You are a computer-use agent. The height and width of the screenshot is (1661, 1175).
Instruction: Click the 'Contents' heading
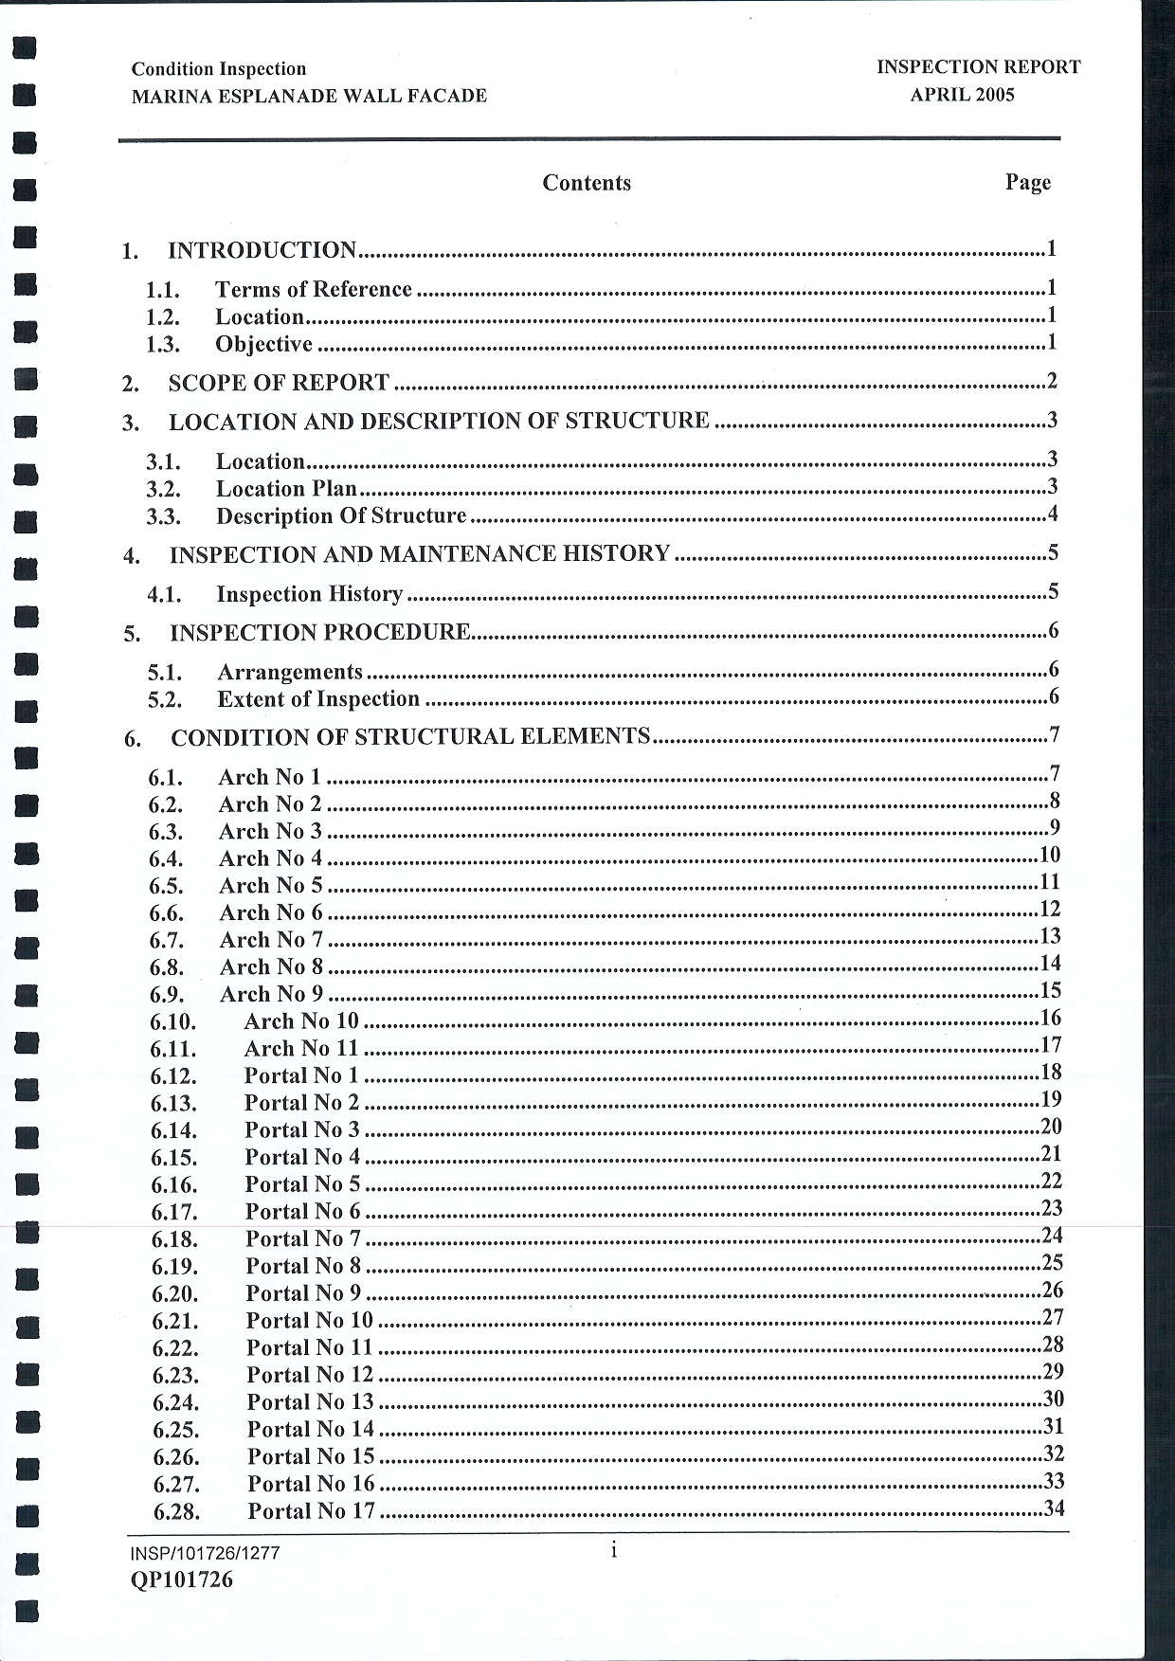click(x=587, y=183)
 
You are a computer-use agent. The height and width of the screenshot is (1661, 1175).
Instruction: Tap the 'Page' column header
click(x=1028, y=182)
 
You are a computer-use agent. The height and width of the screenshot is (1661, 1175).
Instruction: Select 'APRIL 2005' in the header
click(x=962, y=95)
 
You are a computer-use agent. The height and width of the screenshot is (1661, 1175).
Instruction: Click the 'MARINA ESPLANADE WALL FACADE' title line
click(x=309, y=96)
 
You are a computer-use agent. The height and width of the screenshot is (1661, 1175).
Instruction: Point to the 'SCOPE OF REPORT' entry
click(x=279, y=383)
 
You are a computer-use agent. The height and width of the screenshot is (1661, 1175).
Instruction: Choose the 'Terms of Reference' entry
click(x=313, y=289)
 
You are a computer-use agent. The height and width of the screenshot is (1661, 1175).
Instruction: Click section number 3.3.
click(x=163, y=517)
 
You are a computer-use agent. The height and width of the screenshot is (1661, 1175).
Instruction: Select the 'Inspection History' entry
click(x=310, y=594)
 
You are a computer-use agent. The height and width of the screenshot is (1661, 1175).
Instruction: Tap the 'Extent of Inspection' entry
click(x=318, y=699)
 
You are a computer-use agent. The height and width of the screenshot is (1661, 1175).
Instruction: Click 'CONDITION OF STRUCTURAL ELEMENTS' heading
click(x=410, y=737)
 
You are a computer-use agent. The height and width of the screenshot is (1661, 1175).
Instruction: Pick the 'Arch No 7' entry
click(x=271, y=940)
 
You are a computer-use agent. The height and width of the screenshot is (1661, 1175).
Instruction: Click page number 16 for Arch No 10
click(x=1050, y=1019)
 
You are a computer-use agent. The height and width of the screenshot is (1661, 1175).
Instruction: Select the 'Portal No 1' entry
click(x=301, y=1075)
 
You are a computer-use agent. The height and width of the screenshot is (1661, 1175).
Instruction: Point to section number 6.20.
click(x=174, y=1294)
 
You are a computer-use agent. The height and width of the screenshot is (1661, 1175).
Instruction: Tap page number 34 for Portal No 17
click(x=1053, y=1508)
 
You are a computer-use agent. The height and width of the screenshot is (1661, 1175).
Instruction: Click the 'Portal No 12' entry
click(x=310, y=1375)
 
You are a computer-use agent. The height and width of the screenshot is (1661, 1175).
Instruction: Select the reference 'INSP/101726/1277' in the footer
click(x=206, y=1553)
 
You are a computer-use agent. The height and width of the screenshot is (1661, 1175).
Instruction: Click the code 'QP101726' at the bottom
click(x=182, y=1580)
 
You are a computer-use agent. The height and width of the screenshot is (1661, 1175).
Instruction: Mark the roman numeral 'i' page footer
click(x=614, y=1551)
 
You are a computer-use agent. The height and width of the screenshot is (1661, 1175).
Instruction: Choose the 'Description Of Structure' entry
click(x=341, y=516)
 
